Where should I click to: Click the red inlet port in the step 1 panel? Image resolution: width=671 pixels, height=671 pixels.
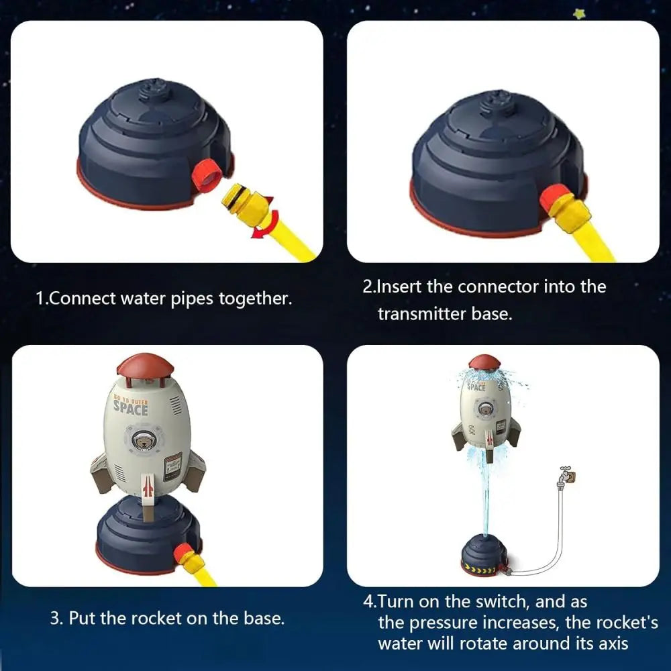click(207, 175)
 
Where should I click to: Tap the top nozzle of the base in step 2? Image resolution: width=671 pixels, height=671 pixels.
click(496, 103)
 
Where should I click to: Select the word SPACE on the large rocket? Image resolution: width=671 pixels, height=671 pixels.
click(131, 409)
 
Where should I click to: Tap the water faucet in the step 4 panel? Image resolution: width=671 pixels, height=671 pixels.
click(566, 474)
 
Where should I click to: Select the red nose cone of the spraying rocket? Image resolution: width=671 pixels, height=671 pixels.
click(484, 362)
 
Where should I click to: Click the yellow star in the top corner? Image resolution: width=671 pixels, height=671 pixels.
click(579, 13)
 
